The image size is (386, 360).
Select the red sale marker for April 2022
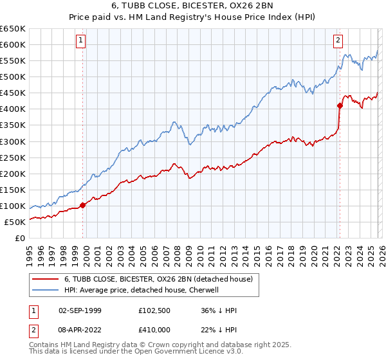[x=340, y=105]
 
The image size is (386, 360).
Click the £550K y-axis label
[x=14, y=61]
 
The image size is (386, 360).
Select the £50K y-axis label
[x=15, y=222]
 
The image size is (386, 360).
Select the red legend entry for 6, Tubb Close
[x=161, y=279]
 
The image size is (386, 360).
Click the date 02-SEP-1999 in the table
[x=80, y=310]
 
